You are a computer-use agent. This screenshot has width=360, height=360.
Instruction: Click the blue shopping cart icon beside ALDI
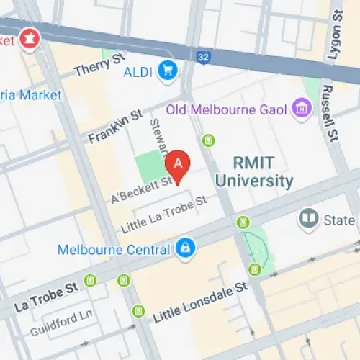169,71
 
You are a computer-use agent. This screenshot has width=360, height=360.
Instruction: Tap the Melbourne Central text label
113,250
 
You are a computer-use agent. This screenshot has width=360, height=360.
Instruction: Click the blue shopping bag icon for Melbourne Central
185,249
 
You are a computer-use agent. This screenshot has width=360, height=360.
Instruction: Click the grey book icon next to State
309,218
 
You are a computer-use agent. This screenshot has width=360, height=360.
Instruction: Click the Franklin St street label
116,126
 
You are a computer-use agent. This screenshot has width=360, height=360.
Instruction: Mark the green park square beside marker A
151,166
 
